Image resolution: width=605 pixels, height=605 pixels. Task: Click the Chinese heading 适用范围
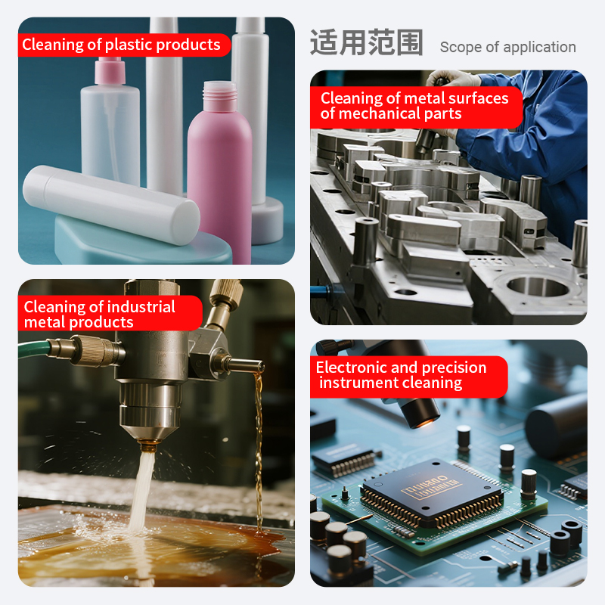367,42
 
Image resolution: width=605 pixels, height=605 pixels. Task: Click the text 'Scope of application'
507,47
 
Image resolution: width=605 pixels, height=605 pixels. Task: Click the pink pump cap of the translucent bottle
110,70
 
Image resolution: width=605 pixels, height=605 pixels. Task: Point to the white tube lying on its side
111,205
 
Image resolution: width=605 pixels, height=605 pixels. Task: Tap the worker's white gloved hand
452,79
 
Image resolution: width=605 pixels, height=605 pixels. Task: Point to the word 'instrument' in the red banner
357,383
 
